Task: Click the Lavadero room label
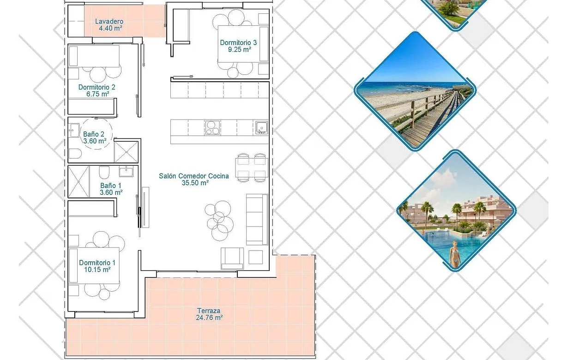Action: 109,21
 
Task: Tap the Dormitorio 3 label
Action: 238,43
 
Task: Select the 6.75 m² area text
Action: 97,94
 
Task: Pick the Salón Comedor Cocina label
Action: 193,176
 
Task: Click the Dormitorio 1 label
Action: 97,263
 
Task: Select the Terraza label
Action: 209,311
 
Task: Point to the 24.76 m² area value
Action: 209,318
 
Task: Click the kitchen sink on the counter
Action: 261,127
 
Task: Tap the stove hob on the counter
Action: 212,127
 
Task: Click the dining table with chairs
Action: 252,167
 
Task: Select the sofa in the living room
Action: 257,219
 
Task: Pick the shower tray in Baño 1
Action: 78,181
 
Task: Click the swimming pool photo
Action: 456,211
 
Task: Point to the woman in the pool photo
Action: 455,253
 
